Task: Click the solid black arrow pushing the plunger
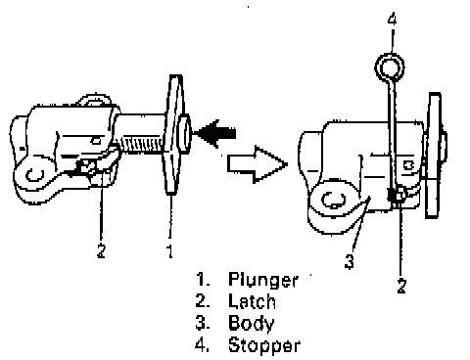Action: pyautogui.click(x=215, y=133)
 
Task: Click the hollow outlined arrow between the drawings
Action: pyautogui.click(x=258, y=164)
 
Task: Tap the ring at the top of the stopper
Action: pyautogui.click(x=390, y=67)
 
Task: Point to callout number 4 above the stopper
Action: pyautogui.click(x=393, y=19)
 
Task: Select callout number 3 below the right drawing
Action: pyautogui.click(x=350, y=261)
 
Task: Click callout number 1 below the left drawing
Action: pyautogui.click(x=169, y=251)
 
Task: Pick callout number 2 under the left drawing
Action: pyautogui.click(x=101, y=251)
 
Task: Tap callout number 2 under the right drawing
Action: pyautogui.click(x=401, y=286)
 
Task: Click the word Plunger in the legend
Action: pyautogui.click(x=263, y=280)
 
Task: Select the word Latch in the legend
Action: pyautogui.click(x=252, y=301)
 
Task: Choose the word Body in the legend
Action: pyautogui.click(x=252, y=324)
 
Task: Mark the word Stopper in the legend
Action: pyautogui.click(x=264, y=345)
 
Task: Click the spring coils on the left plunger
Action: pyautogui.click(x=141, y=145)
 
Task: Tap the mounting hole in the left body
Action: pyautogui.click(x=34, y=175)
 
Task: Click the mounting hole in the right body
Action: pyautogui.click(x=334, y=200)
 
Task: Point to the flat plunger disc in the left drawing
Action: pyautogui.click(x=173, y=135)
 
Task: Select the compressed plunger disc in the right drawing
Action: pyautogui.click(x=434, y=156)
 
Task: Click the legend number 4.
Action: pyautogui.click(x=203, y=345)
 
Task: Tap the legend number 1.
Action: pyautogui.click(x=203, y=280)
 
